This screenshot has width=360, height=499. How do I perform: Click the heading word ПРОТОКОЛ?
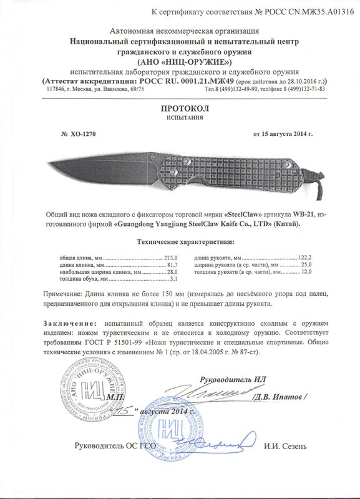point(180,108)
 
